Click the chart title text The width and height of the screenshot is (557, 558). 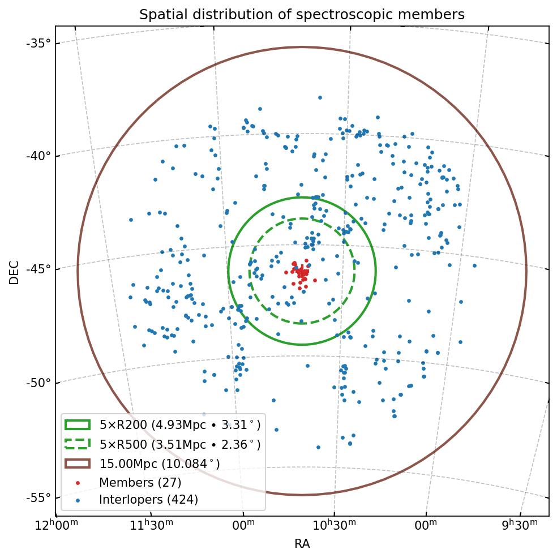tap(302, 15)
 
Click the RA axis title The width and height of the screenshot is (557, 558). tap(302, 544)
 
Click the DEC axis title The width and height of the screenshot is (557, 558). tap(14, 272)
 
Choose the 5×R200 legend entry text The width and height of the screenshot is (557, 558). tap(180, 426)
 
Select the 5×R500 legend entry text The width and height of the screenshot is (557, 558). tap(180, 445)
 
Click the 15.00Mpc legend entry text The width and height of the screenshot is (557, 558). tap(160, 464)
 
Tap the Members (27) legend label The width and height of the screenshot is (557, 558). tap(140, 483)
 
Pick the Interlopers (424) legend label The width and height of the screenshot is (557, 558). tap(148, 500)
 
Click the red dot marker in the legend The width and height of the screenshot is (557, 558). tap(78, 483)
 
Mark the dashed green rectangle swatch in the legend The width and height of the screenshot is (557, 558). tap(78, 444)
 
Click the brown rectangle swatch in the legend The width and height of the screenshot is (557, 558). tap(78, 463)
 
